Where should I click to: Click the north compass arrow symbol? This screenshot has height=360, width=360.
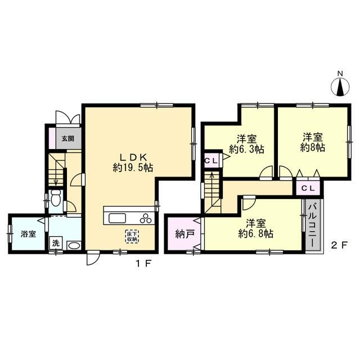[340, 87]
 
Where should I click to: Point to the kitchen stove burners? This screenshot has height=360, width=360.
[146, 218]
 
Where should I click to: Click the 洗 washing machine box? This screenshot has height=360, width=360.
[56, 244]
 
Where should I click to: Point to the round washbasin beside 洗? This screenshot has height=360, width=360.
[73, 245]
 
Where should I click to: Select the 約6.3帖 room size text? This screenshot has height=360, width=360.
[246, 149]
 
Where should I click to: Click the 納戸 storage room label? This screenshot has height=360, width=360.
[181, 233]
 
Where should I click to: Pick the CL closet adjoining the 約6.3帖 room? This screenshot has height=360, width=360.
[211, 160]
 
